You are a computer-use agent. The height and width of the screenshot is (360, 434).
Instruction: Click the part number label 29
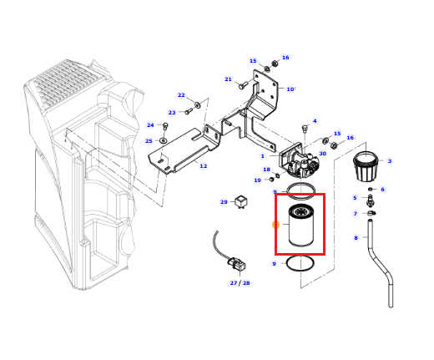tap(224, 202)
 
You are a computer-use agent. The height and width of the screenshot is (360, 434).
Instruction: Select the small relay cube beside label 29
tap(241, 202)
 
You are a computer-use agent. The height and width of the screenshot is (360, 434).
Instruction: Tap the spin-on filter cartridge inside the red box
tap(300, 226)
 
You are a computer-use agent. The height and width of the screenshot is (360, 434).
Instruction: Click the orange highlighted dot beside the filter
tap(275, 225)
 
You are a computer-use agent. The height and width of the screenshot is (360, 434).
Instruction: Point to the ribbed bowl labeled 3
tap(365, 166)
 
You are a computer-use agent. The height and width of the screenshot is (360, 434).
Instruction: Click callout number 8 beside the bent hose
tap(356, 238)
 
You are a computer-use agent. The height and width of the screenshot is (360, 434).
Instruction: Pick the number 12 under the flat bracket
tap(204, 166)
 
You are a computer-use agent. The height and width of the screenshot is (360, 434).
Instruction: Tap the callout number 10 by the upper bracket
tap(290, 89)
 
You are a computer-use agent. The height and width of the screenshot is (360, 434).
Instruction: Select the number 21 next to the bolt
tap(228, 79)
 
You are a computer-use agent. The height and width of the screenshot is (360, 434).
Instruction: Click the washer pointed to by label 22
tap(198, 105)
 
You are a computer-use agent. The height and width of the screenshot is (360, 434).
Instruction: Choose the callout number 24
tap(150, 125)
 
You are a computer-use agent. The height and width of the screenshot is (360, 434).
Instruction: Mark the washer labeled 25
tap(164, 140)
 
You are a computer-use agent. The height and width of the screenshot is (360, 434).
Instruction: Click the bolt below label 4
tap(305, 129)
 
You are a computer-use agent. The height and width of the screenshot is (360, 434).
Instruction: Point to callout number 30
tap(322, 154)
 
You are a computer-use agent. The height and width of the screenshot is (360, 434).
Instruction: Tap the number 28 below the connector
tap(246, 283)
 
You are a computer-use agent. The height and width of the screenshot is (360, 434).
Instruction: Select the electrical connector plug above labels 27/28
tap(237, 265)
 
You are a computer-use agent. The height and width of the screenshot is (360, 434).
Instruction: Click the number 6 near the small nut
tap(382, 190)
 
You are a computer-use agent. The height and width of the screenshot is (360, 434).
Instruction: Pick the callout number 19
tap(257, 180)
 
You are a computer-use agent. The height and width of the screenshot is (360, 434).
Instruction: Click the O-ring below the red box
tap(300, 263)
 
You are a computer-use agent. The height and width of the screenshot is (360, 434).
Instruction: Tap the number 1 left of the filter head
tap(262, 156)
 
